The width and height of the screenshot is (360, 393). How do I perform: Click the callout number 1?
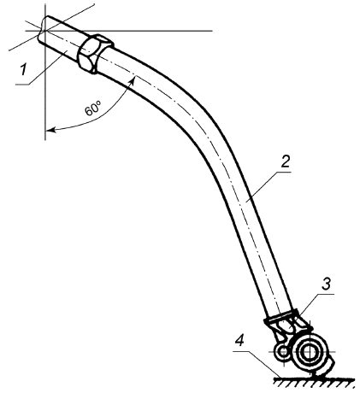click(x=25, y=70)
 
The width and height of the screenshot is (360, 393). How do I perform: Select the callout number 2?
click(x=285, y=161)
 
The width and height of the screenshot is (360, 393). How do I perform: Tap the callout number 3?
click(x=326, y=284)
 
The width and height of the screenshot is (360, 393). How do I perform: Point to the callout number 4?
click(x=240, y=341)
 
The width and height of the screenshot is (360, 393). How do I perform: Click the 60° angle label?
click(x=93, y=109)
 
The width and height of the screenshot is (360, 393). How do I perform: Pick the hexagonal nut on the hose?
click(x=95, y=54)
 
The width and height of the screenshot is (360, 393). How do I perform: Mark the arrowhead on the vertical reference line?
click(x=51, y=131)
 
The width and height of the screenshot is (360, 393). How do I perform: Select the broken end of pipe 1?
click(x=43, y=29)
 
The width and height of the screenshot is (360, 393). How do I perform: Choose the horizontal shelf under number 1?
click(x=22, y=85)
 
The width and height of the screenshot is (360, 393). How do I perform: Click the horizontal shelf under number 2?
click(x=283, y=173)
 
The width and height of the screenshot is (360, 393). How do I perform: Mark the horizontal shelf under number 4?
click(x=241, y=351)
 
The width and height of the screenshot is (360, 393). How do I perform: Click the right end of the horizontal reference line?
click(x=212, y=30)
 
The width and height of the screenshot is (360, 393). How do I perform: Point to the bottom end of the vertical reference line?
click(x=45, y=140)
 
